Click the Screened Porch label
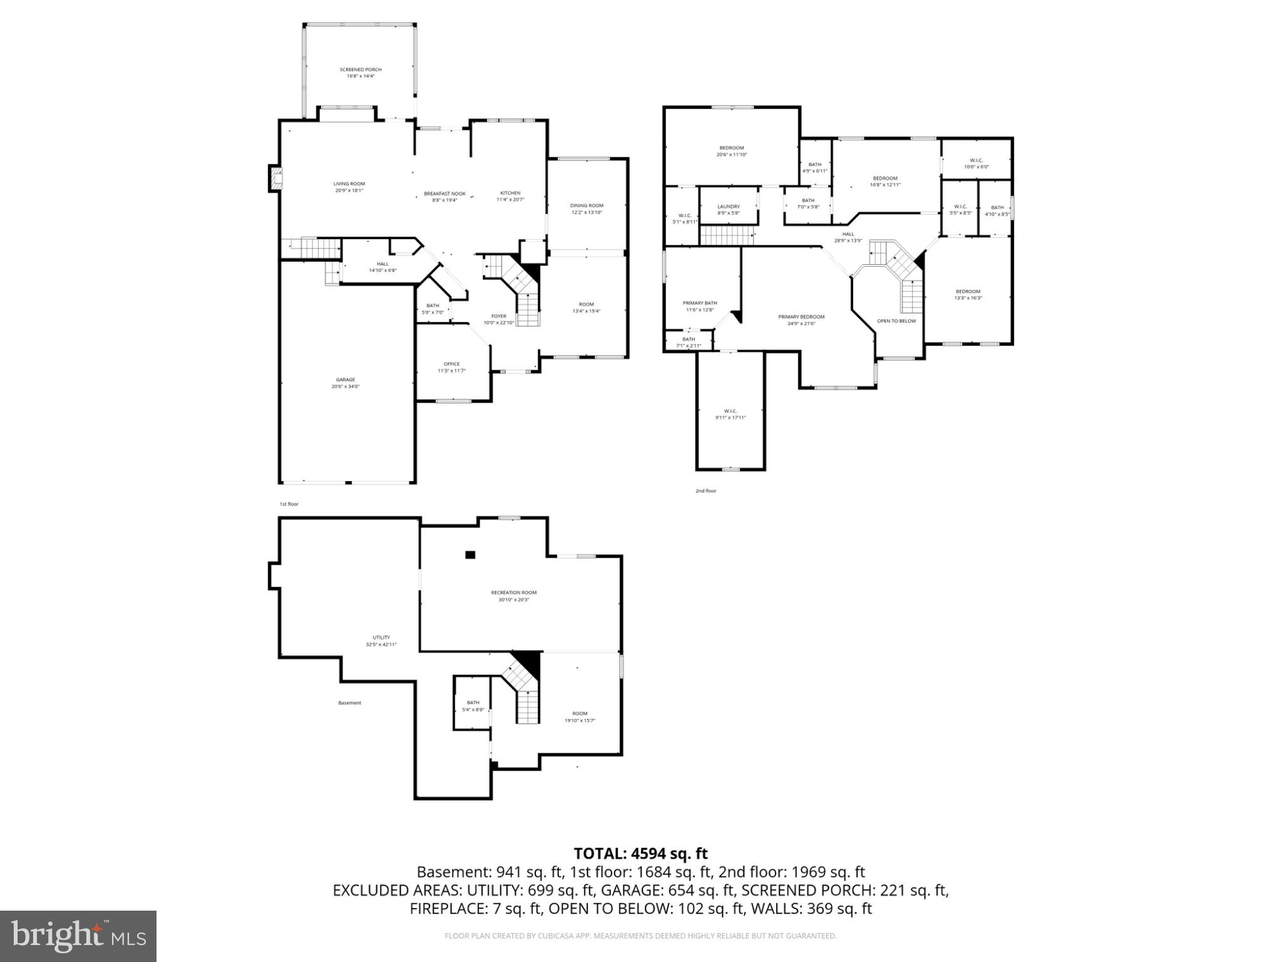pos(361,70)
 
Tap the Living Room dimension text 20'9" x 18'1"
pos(349,190)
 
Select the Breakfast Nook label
pos(444,194)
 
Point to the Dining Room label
pos(587,205)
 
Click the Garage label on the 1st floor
pos(346,380)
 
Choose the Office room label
pos(451,364)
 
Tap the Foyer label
pos(498,316)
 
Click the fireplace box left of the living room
pos(275,178)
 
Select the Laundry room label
pos(729,206)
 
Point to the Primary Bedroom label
pos(801,317)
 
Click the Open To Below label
pos(896,321)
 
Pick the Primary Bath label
pos(700,303)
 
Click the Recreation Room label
pos(513,592)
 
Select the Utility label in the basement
pos(381,638)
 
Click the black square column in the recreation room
pos(470,554)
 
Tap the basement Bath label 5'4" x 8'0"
pos(473,703)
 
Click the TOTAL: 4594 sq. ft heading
pos(640,853)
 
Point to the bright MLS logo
pos(78,936)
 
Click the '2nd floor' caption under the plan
pos(705,491)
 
